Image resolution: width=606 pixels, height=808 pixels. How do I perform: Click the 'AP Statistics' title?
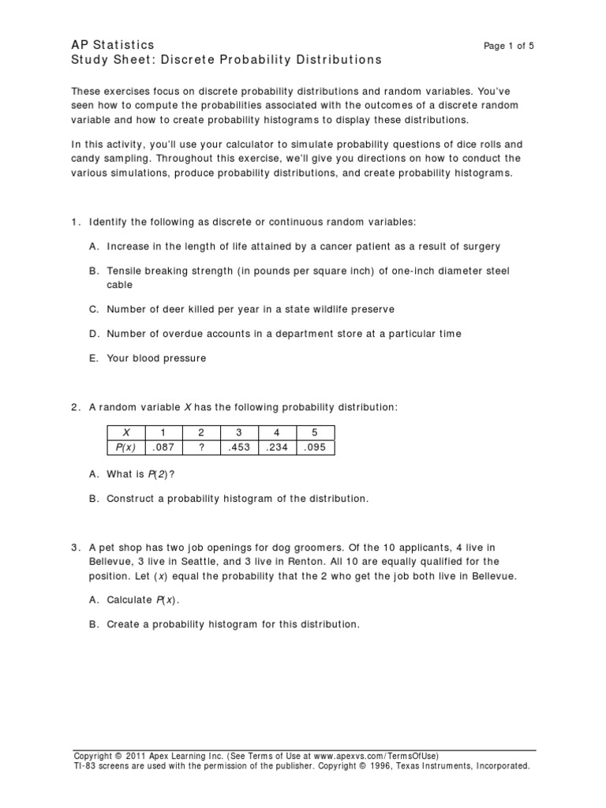coord(113,45)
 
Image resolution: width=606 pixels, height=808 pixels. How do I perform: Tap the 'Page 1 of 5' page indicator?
coord(508,46)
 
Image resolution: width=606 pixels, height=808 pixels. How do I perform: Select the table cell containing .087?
coord(163,447)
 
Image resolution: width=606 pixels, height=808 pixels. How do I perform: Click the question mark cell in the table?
coord(200,447)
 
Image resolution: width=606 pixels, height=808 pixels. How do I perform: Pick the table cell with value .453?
coord(239,447)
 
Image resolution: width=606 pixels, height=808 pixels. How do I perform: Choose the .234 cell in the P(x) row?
coord(277,447)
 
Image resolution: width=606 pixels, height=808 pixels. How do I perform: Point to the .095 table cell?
coord(315,447)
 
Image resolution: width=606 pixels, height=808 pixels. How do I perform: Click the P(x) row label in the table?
coord(125,447)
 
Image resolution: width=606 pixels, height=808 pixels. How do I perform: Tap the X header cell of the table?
coord(125,432)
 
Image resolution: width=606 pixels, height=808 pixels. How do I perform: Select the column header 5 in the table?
coord(315,432)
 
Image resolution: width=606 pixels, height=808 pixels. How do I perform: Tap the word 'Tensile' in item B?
coord(125,271)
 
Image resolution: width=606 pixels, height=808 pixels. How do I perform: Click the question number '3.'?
coord(76,547)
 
